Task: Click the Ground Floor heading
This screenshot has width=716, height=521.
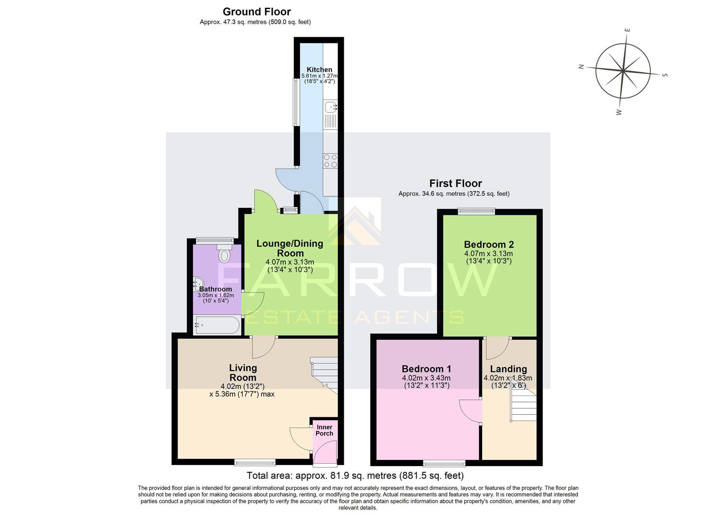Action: tap(257, 12)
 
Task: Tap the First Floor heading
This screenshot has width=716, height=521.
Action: tap(456, 183)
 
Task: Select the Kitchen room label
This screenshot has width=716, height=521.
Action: tap(319, 69)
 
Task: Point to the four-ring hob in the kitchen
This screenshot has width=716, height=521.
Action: tap(331, 161)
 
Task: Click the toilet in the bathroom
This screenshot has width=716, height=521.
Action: tap(224, 253)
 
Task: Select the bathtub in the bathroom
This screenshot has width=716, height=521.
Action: tap(216, 326)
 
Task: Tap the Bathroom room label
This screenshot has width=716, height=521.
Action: tap(216, 289)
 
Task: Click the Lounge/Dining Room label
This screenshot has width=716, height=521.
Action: tap(289, 248)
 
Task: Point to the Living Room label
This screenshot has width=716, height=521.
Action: tap(243, 372)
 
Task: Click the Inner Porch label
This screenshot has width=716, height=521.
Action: tap(324, 430)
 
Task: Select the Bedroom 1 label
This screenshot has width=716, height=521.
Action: tap(426, 369)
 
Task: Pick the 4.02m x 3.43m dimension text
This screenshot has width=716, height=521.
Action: tap(426, 378)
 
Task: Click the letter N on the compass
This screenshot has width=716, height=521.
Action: tap(581, 67)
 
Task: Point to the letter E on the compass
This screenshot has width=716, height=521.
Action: tap(627, 30)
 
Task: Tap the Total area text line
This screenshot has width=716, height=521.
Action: tap(355, 476)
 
